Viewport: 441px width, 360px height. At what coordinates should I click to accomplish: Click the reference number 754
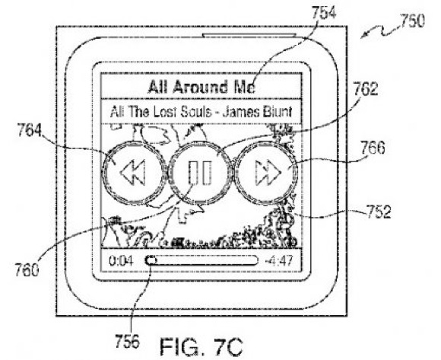(324, 12)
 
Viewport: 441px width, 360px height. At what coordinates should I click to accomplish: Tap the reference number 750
(412, 21)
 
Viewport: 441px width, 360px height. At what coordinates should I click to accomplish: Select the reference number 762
(365, 89)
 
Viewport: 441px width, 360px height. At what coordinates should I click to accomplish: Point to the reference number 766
(373, 148)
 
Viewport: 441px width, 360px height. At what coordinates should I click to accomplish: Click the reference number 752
(379, 212)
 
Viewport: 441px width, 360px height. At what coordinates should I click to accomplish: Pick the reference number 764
(29, 130)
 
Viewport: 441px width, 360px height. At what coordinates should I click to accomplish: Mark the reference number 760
(27, 270)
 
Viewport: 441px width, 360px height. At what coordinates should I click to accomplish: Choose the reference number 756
(127, 341)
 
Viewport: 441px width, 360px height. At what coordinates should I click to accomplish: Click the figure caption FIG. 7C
(201, 347)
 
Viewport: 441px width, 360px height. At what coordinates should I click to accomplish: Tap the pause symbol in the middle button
(200, 173)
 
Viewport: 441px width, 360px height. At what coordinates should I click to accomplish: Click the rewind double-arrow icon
(133, 172)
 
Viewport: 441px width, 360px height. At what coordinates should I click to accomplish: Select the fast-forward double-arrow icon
(268, 172)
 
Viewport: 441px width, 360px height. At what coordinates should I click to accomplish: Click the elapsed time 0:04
(121, 261)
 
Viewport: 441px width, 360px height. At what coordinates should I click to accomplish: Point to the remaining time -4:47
(279, 260)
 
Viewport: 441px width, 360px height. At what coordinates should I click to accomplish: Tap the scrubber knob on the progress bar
(151, 260)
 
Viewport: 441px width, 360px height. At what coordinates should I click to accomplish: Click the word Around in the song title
(200, 87)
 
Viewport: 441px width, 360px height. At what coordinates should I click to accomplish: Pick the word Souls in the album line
(195, 112)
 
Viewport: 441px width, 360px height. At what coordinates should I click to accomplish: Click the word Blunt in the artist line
(278, 112)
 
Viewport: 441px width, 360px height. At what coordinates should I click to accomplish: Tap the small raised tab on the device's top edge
(249, 35)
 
